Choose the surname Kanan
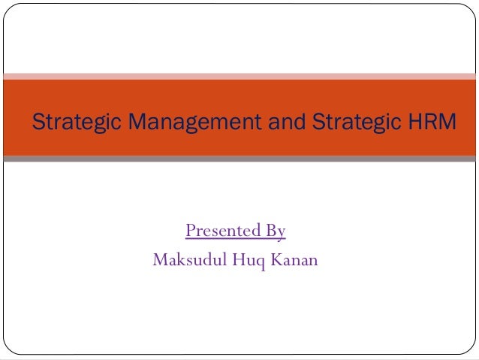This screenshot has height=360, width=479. pos(291,260)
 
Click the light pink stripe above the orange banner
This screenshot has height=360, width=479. pos(239,76)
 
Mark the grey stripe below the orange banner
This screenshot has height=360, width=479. pos(239,159)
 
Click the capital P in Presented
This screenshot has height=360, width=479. pos(191,230)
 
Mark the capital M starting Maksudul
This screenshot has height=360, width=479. pos(159,260)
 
